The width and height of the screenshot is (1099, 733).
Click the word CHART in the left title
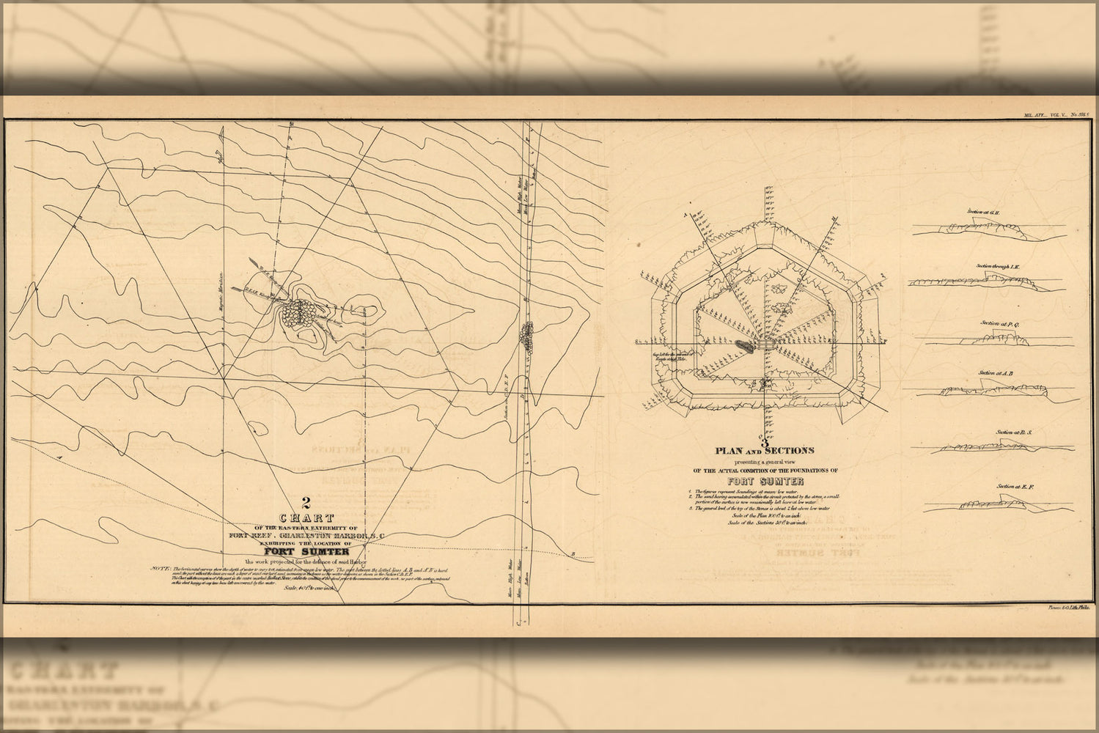(x=307, y=518)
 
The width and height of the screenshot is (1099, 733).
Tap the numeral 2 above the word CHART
(x=306, y=504)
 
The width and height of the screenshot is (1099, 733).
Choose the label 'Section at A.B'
(x=996, y=373)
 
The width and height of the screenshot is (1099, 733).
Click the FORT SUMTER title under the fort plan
(x=765, y=482)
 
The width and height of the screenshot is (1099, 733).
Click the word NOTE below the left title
(x=159, y=569)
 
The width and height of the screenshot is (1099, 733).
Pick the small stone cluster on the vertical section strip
(x=527, y=335)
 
